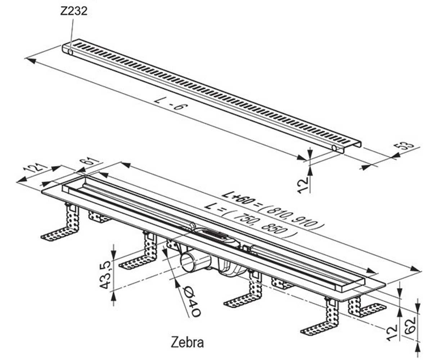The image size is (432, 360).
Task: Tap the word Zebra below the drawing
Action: coord(187,342)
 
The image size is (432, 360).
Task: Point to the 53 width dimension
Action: coord(404,146)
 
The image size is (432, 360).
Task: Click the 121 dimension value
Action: coord(35,167)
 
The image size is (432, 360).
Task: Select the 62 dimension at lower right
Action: coord(410,329)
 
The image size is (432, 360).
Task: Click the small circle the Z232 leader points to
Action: coord(70,52)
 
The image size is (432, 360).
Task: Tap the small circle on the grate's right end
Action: coord(334,148)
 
